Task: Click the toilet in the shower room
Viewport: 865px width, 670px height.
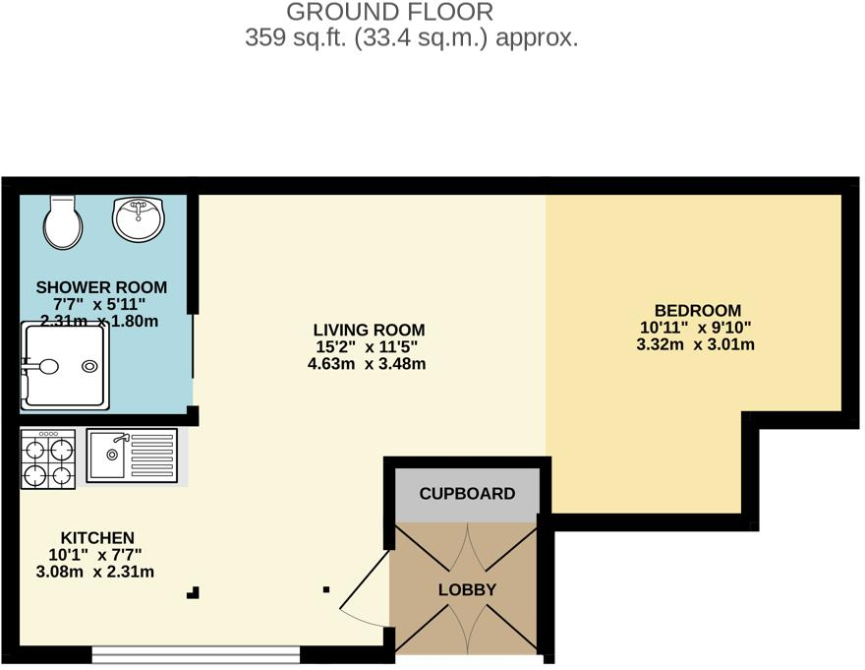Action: tap(61, 222)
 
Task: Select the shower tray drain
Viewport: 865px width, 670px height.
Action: tap(90, 367)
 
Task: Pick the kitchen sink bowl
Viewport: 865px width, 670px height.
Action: tap(112, 456)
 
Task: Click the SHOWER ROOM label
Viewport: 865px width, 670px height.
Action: tap(101, 287)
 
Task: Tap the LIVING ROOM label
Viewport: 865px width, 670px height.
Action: tap(369, 330)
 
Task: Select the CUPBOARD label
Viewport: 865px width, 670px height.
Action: tap(467, 493)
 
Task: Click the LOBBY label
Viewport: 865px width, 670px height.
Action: tap(467, 590)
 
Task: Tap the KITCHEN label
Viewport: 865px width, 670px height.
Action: tap(97, 537)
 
